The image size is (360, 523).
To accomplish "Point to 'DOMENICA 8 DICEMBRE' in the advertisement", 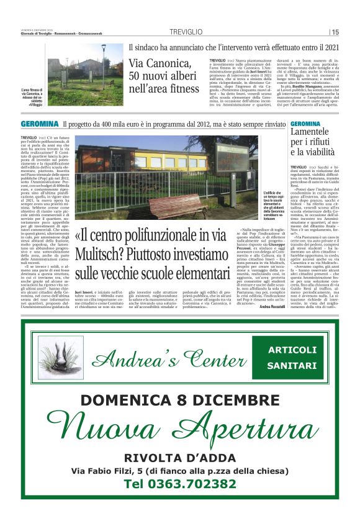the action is (x=179, y=401).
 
